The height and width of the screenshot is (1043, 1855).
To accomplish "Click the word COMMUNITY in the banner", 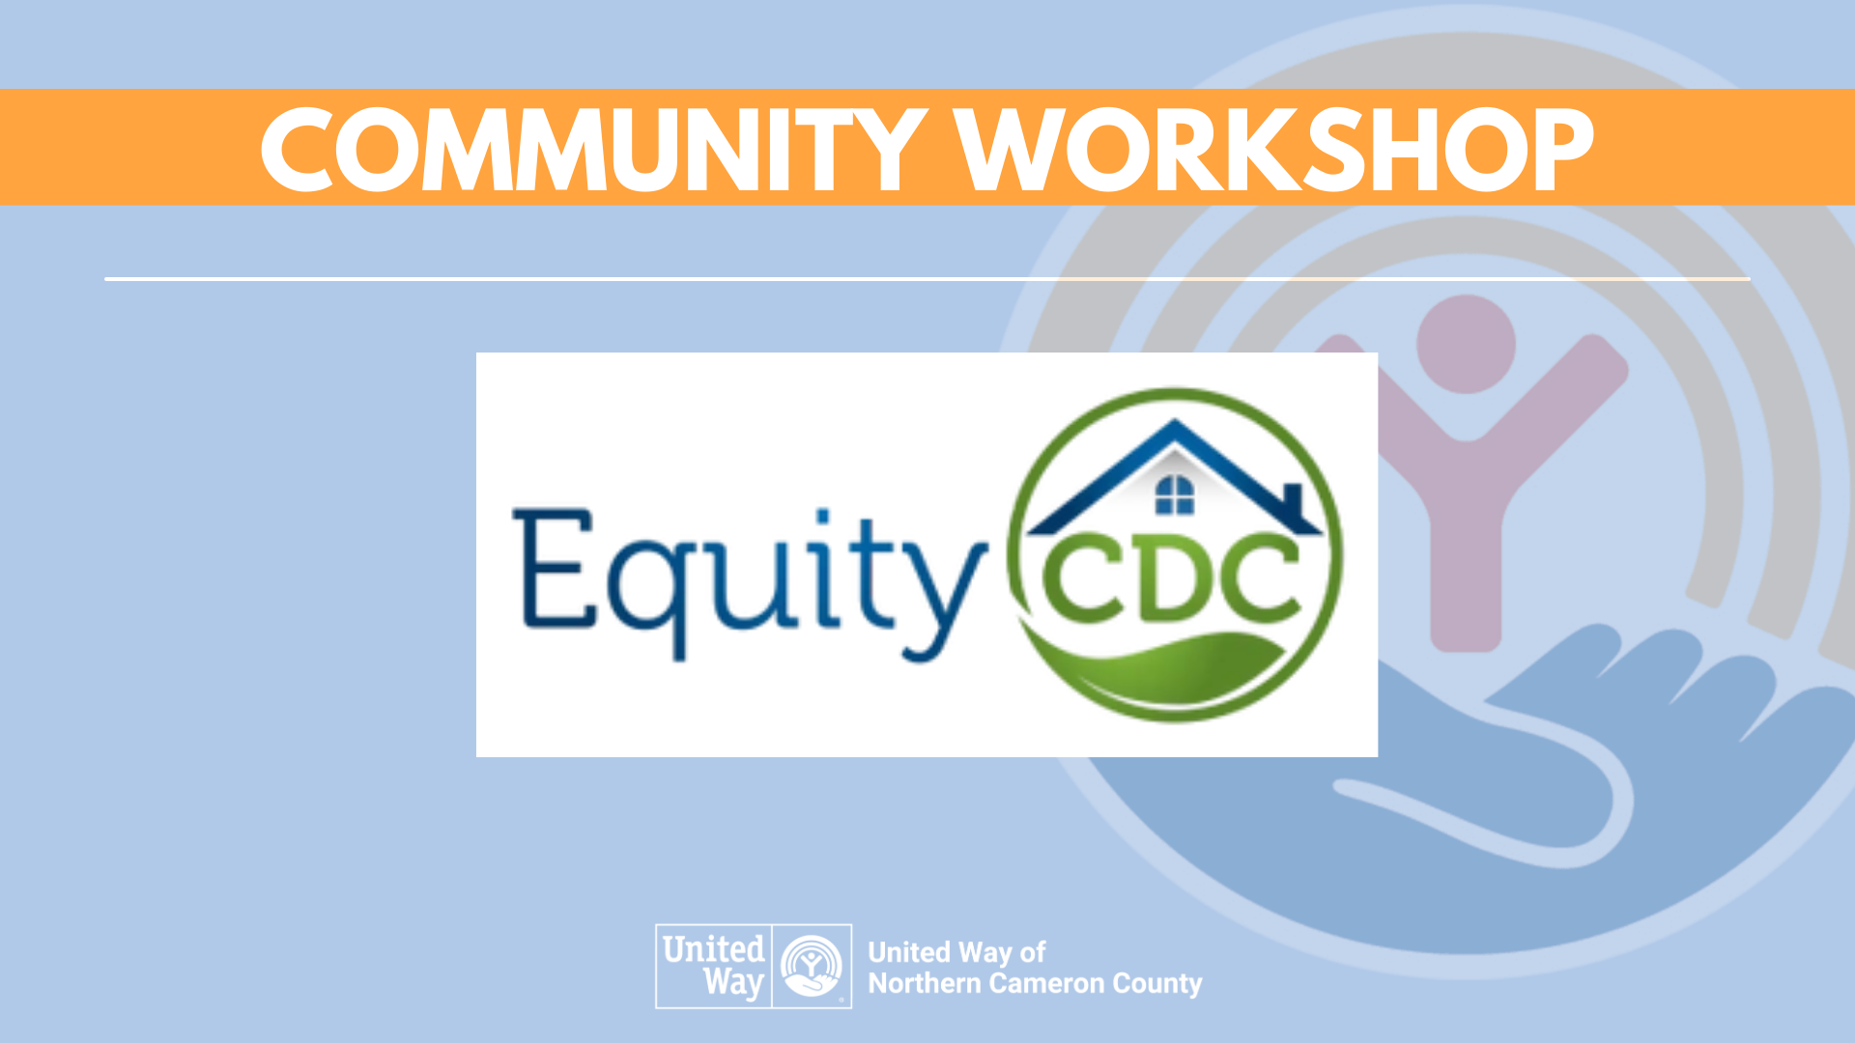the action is [593, 149].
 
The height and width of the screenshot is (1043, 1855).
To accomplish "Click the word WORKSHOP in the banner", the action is [1274, 149].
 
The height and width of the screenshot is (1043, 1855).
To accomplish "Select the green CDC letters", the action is [1172, 578].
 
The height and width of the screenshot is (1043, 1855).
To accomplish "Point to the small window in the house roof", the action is [1175, 495].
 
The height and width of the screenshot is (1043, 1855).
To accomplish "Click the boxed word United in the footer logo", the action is [713, 949].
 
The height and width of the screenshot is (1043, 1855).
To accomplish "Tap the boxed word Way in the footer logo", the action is [734, 983].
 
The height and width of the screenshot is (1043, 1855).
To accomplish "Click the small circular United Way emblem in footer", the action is [812, 966].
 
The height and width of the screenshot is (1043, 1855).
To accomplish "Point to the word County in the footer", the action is [1157, 985].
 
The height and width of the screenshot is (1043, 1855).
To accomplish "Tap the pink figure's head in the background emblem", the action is [1467, 344].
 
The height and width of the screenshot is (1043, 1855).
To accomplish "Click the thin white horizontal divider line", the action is [927, 279].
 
